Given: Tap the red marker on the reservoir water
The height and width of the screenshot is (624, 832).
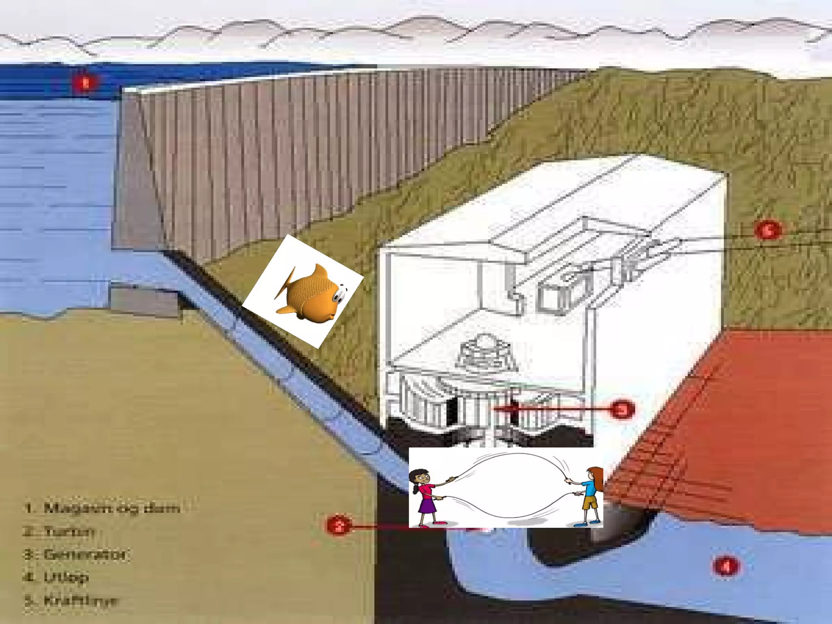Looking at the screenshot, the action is click(x=85, y=83).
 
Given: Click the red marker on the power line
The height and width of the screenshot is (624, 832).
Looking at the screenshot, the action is click(x=767, y=230).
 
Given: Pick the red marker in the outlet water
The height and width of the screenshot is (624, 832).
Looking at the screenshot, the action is click(x=726, y=565).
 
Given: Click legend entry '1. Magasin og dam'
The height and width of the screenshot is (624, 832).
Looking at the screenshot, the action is click(x=102, y=508).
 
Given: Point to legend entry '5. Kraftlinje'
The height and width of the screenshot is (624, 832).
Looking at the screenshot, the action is click(x=71, y=600).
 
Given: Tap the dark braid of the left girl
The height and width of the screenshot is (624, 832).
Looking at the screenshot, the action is click(x=415, y=485).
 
